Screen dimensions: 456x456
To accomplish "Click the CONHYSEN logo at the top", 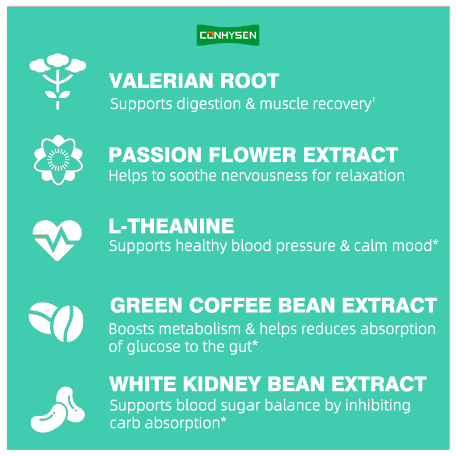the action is coord(227,35).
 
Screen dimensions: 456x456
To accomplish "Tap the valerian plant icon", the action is coord(58,82).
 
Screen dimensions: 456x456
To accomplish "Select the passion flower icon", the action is coord(58,160).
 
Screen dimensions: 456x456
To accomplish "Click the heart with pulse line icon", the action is coord(58,240).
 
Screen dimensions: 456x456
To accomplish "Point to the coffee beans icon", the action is coord(56,322).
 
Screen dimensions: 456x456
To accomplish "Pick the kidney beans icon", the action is coord(58,409).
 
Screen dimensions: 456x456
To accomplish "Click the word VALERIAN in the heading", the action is coord(161,80).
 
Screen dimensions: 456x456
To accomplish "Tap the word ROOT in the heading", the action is coord(250,80).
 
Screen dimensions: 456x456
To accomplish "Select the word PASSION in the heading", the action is coord(155,154).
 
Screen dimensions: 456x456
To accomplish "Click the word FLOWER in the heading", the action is coord(253,154).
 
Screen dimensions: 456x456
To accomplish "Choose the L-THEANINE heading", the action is coord(172,226).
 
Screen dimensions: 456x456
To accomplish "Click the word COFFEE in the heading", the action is coord(230,305).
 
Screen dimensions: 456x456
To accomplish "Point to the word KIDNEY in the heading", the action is coord(222,384).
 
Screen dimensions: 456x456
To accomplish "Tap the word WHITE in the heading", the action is coord(143,384).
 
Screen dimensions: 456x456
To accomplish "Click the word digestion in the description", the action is coord(209,104).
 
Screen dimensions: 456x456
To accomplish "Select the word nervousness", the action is coord(264,176).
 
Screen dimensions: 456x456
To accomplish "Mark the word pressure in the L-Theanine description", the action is coord(306,247).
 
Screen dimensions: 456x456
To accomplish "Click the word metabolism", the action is coord(200,329).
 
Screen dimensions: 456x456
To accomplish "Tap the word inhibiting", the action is coord(378,406).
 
